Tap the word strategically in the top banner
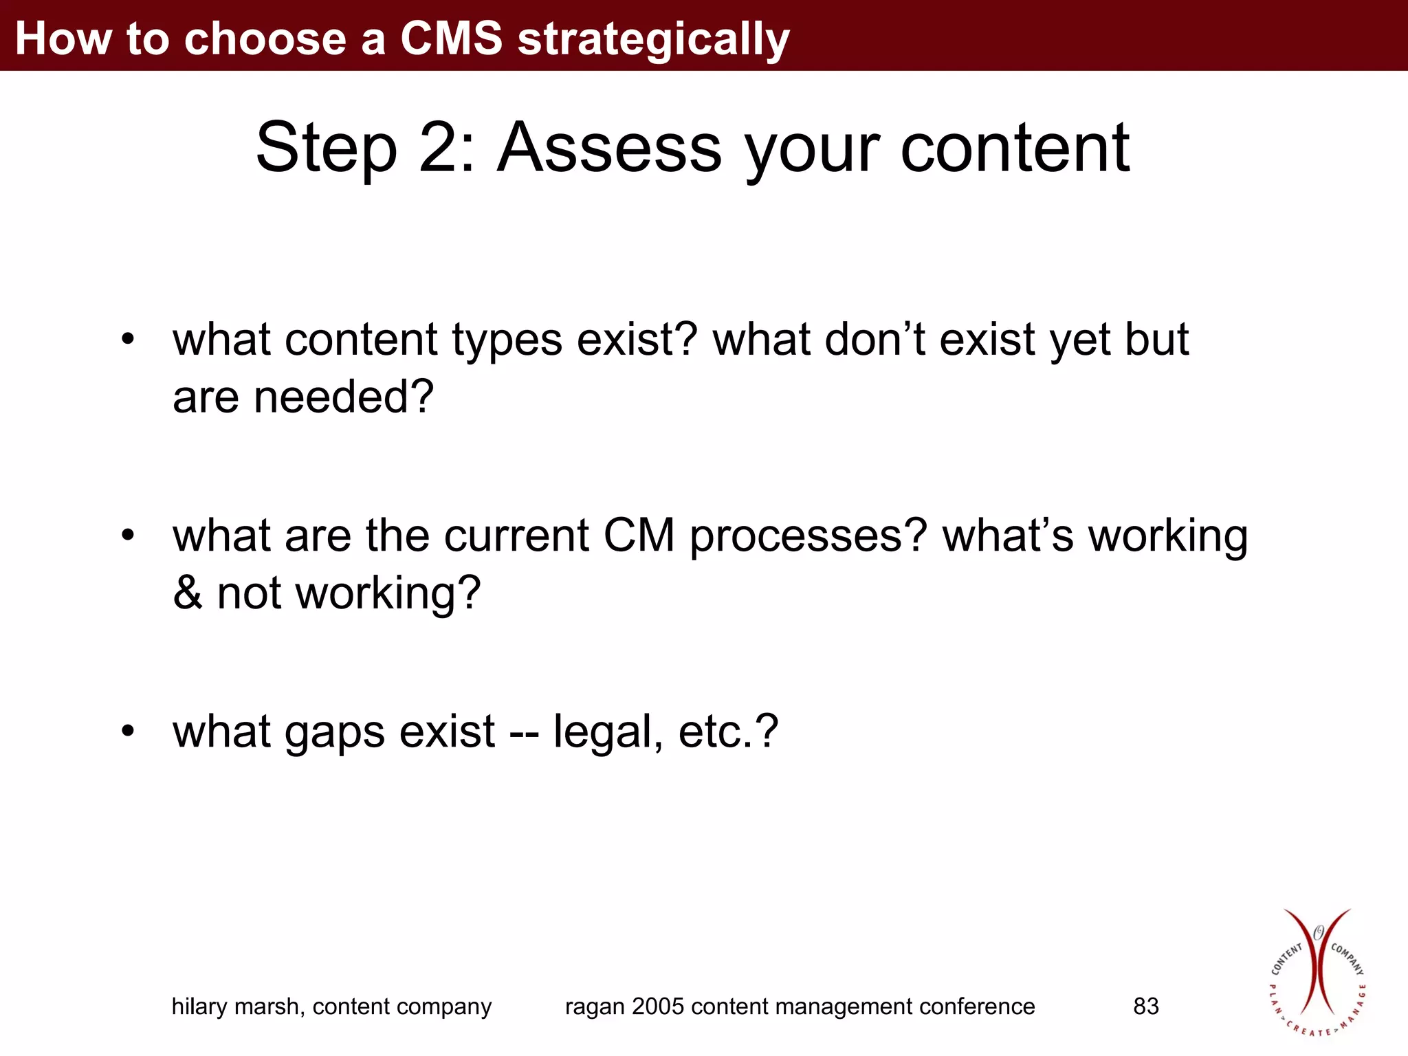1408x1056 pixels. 653,40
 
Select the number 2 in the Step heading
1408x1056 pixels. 439,148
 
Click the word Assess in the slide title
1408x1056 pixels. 609,148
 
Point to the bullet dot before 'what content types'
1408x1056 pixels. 128,340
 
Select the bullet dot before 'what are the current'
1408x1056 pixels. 128,535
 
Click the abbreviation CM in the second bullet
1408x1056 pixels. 639,536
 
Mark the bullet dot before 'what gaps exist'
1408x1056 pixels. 128,731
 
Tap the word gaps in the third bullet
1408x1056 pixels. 335,733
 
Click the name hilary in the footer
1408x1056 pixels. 200,1006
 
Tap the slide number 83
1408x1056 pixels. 1146,1006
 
